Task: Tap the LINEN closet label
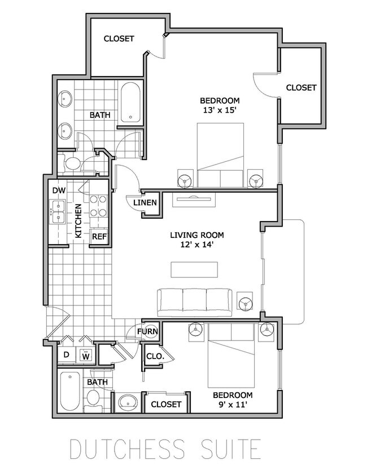(145, 203)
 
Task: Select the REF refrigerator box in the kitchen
(99, 236)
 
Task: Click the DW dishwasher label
(59, 191)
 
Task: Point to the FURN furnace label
(147, 331)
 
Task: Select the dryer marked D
(66, 355)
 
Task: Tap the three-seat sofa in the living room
(194, 302)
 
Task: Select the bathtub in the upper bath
(131, 103)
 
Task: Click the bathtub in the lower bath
(70, 391)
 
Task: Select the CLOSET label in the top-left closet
(119, 39)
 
